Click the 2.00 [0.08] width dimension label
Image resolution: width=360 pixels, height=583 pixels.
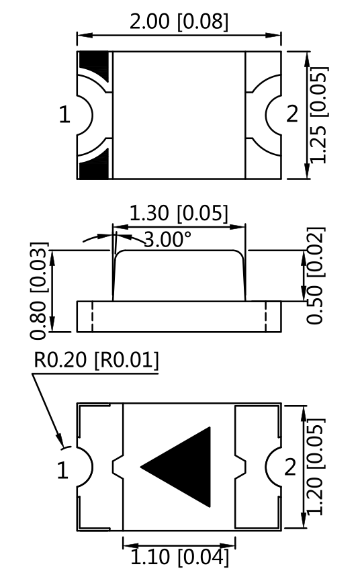(179, 21)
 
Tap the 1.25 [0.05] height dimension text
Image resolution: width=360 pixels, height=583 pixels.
(319, 115)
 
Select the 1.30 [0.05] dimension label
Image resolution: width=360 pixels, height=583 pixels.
(178, 214)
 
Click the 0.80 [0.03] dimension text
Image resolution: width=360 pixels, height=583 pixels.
(39, 291)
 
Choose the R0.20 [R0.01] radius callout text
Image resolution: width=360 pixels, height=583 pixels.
(96, 360)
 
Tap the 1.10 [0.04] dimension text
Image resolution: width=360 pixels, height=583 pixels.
(179, 557)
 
